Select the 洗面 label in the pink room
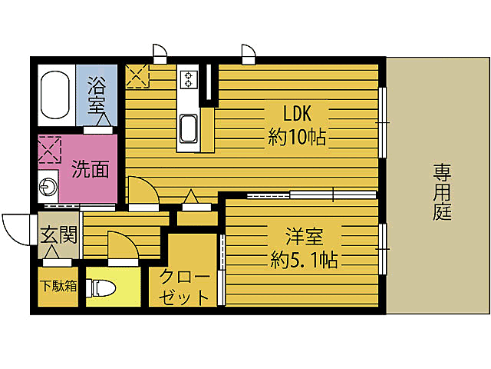(91, 169)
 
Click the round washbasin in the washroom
(48, 187)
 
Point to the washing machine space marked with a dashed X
(50, 150)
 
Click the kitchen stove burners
(189, 78)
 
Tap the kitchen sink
(188, 130)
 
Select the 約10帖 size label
(297, 138)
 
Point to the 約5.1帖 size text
(304, 258)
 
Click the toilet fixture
(103, 288)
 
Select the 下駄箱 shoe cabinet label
(58, 288)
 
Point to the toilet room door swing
(119, 246)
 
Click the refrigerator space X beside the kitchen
(137, 76)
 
